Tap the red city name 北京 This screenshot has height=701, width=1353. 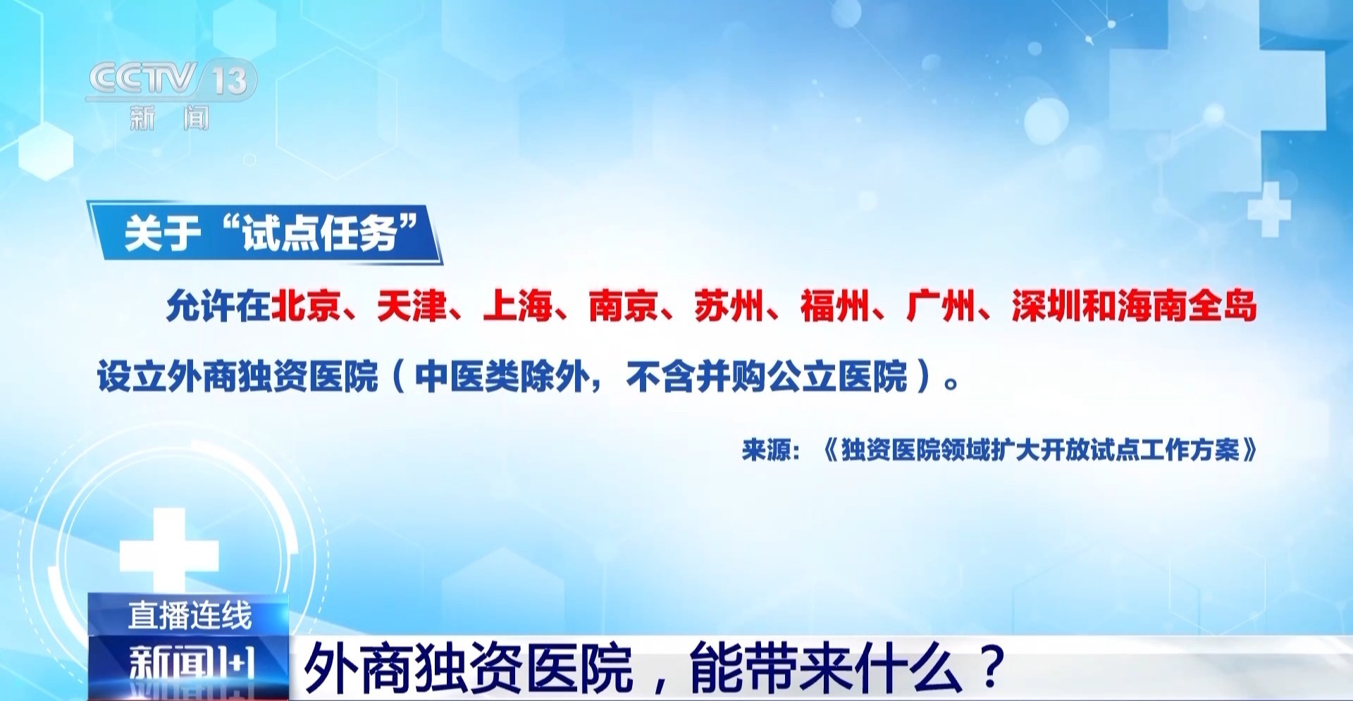[306, 306]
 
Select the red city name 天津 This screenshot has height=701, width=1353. [412, 306]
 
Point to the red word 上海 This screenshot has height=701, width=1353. [518, 306]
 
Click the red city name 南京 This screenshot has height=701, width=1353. [624, 306]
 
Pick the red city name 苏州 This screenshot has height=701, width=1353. [729, 306]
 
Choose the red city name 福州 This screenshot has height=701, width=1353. [835, 306]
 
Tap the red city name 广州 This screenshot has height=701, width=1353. [941, 306]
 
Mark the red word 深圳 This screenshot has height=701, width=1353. [1046, 306]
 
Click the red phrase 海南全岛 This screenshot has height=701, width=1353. [1187, 306]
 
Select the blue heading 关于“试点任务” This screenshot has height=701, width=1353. [271, 232]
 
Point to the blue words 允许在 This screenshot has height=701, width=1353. [218, 306]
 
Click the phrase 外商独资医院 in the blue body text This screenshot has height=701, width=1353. [273, 376]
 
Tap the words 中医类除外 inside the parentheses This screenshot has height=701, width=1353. [502, 376]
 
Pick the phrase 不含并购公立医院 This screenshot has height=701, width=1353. [767, 376]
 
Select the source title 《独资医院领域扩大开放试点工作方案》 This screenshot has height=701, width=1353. [1040, 449]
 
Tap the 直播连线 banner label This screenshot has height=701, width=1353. [190, 615]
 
